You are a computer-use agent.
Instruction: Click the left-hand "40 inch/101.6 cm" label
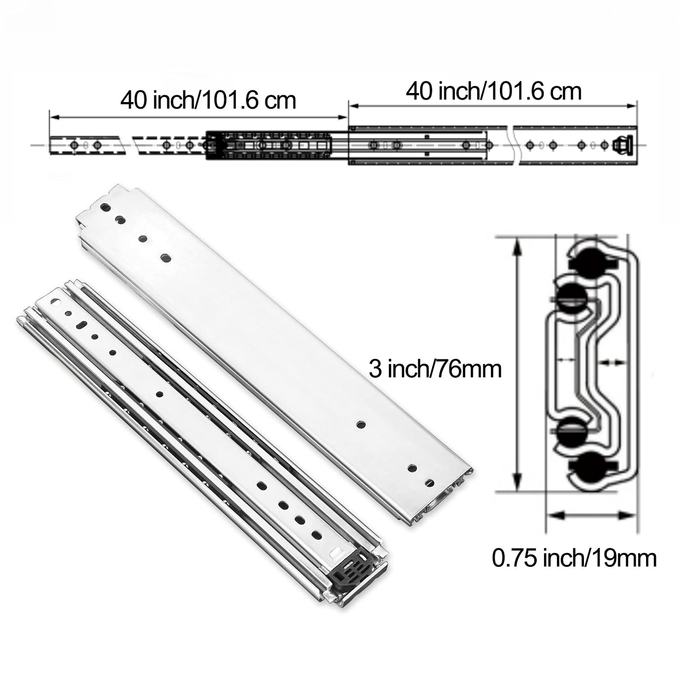click(x=208, y=101)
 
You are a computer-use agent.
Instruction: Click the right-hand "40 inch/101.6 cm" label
click(x=493, y=91)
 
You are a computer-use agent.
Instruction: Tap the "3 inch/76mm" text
click(x=435, y=369)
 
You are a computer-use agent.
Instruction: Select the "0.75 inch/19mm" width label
click(x=574, y=558)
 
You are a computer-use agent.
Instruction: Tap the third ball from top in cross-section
click(x=572, y=431)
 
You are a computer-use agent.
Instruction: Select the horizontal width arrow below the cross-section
click(x=591, y=514)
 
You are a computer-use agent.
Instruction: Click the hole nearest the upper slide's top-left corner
click(x=105, y=207)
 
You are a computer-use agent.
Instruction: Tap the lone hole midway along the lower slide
click(x=159, y=393)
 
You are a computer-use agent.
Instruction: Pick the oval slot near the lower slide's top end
click(x=82, y=324)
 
